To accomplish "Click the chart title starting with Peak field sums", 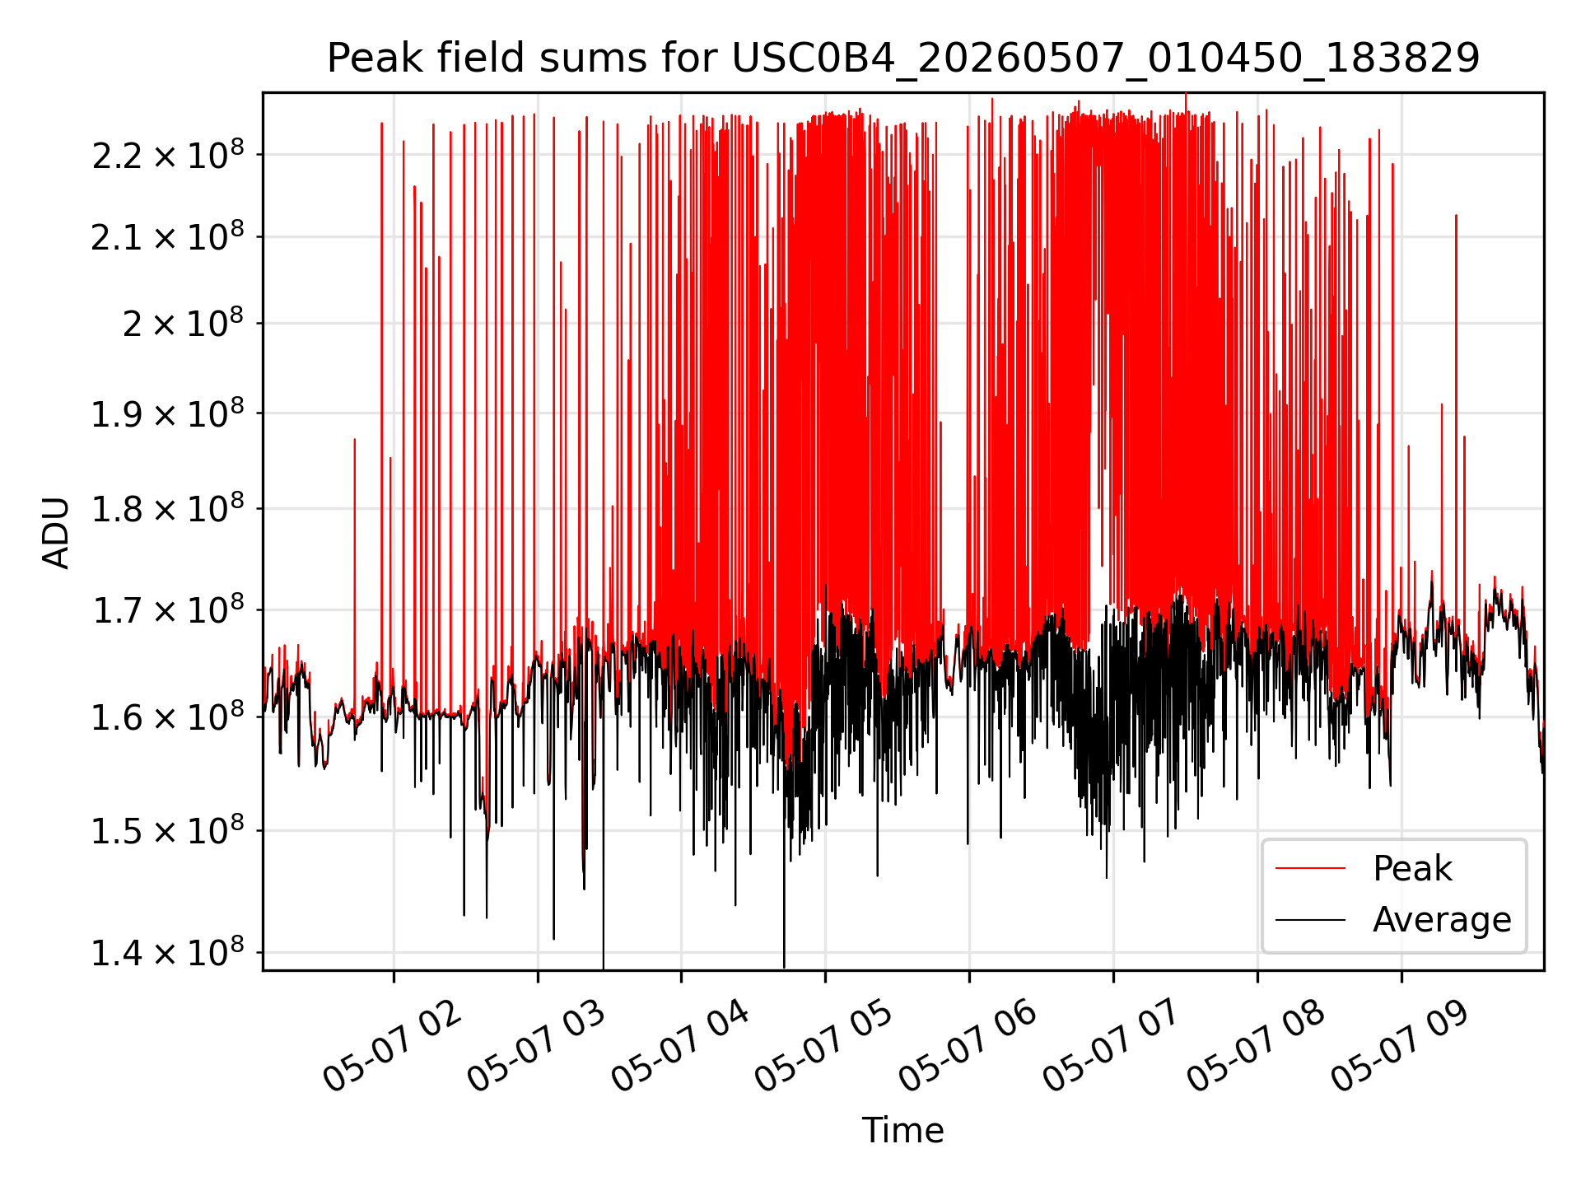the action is point(903,58).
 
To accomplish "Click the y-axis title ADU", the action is point(56,532).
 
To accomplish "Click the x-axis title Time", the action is point(902,1130).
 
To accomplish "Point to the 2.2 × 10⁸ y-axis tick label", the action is point(168,154).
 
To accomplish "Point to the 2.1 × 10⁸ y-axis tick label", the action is point(168,236).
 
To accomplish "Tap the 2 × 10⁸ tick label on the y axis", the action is point(184,323).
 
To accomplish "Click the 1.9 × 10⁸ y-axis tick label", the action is point(168,413).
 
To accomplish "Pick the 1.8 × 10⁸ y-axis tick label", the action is point(168,508).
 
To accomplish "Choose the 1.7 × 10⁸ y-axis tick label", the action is point(168,609).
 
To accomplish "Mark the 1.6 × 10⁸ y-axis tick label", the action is point(168,717).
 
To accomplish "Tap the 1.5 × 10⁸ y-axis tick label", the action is point(168,830).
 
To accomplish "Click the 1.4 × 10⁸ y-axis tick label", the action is point(168,952).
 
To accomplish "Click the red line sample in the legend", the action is point(1310,868).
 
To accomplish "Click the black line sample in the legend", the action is point(1310,919).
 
